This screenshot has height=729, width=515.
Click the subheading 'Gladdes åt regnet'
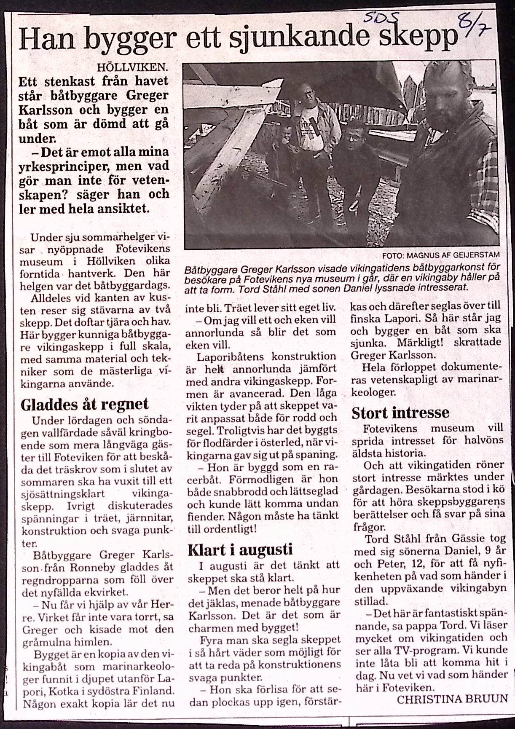pos(84,404)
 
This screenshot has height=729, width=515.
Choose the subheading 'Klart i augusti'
pos(240,549)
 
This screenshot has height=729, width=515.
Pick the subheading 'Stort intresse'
pos(400,412)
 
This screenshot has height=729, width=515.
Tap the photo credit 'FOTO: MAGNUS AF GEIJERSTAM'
pos(440,255)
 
